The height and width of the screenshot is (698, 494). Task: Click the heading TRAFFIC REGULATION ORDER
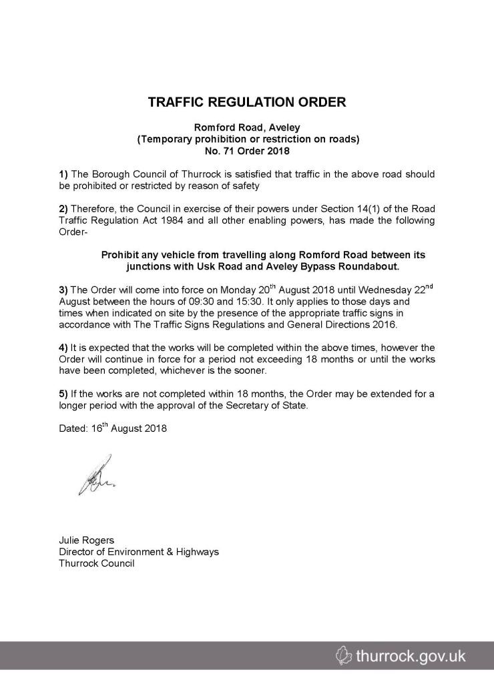pos(247,103)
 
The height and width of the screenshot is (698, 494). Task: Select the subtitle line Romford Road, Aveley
pos(247,127)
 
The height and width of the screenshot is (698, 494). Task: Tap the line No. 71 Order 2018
pos(247,150)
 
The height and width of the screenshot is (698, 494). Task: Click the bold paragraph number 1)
pos(64,174)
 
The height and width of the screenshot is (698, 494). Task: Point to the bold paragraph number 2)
pos(64,209)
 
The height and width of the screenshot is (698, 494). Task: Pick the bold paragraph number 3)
pos(64,290)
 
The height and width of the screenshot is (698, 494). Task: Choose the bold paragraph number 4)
pos(64,348)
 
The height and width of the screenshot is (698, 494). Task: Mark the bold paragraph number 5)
pos(64,394)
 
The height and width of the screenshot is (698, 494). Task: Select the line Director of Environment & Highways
pos(139,552)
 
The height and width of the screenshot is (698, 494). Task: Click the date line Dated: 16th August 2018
pos(113,428)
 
